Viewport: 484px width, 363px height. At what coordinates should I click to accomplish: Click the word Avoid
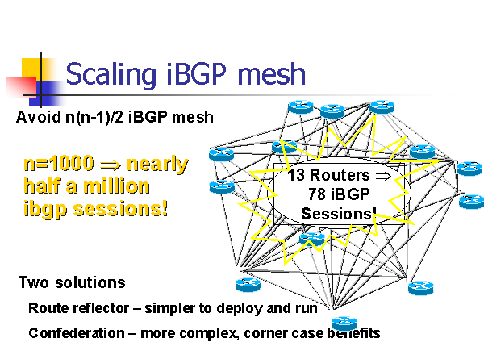coord(35,117)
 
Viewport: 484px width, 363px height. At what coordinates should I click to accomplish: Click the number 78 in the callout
coord(318,194)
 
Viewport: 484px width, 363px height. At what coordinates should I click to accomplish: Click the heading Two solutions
coord(72,282)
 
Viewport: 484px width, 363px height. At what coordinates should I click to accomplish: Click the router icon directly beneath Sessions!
coord(312,239)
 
